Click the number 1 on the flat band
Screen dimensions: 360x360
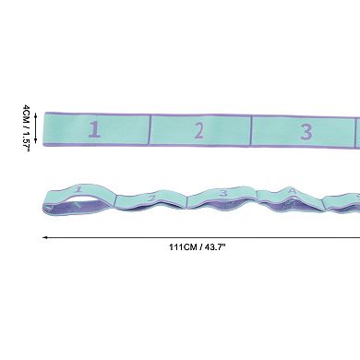94,129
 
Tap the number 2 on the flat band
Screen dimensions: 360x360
199,130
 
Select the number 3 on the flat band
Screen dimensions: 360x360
306,132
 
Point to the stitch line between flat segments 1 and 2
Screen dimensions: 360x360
150,129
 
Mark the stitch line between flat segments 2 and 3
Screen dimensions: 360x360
251,130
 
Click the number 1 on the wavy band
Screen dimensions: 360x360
79,189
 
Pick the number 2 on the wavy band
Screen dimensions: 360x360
151,198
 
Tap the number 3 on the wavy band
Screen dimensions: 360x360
223,193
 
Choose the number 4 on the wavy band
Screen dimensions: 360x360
293,191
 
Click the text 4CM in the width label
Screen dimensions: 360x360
27,114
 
